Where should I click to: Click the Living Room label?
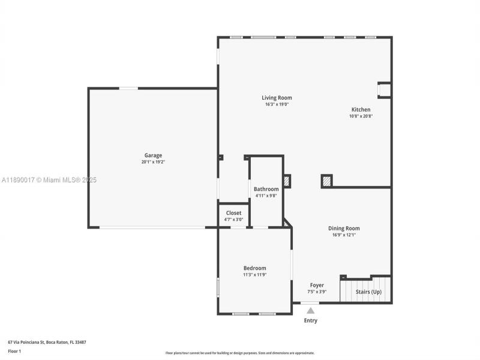click(x=277, y=98)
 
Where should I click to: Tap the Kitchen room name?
click(x=361, y=110)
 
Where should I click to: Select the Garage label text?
click(x=153, y=155)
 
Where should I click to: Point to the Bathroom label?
click(x=266, y=189)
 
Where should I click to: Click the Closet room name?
click(x=233, y=213)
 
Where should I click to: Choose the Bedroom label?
click(x=254, y=268)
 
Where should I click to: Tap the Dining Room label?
click(x=344, y=228)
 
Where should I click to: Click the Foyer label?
click(x=317, y=286)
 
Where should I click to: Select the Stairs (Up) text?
click(x=368, y=292)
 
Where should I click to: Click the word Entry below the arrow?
click(x=310, y=320)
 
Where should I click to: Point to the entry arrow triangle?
click(x=310, y=311)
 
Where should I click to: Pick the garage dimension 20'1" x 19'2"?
click(x=153, y=162)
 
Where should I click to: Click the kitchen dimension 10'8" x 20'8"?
click(x=361, y=116)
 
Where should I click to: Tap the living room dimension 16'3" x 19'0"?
click(x=277, y=104)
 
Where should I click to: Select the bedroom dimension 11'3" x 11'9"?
click(x=254, y=275)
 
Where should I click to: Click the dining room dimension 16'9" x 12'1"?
click(x=344, y=235)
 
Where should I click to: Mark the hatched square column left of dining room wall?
click(x=326, y=181)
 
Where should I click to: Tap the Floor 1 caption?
click(x=14, y=351)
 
